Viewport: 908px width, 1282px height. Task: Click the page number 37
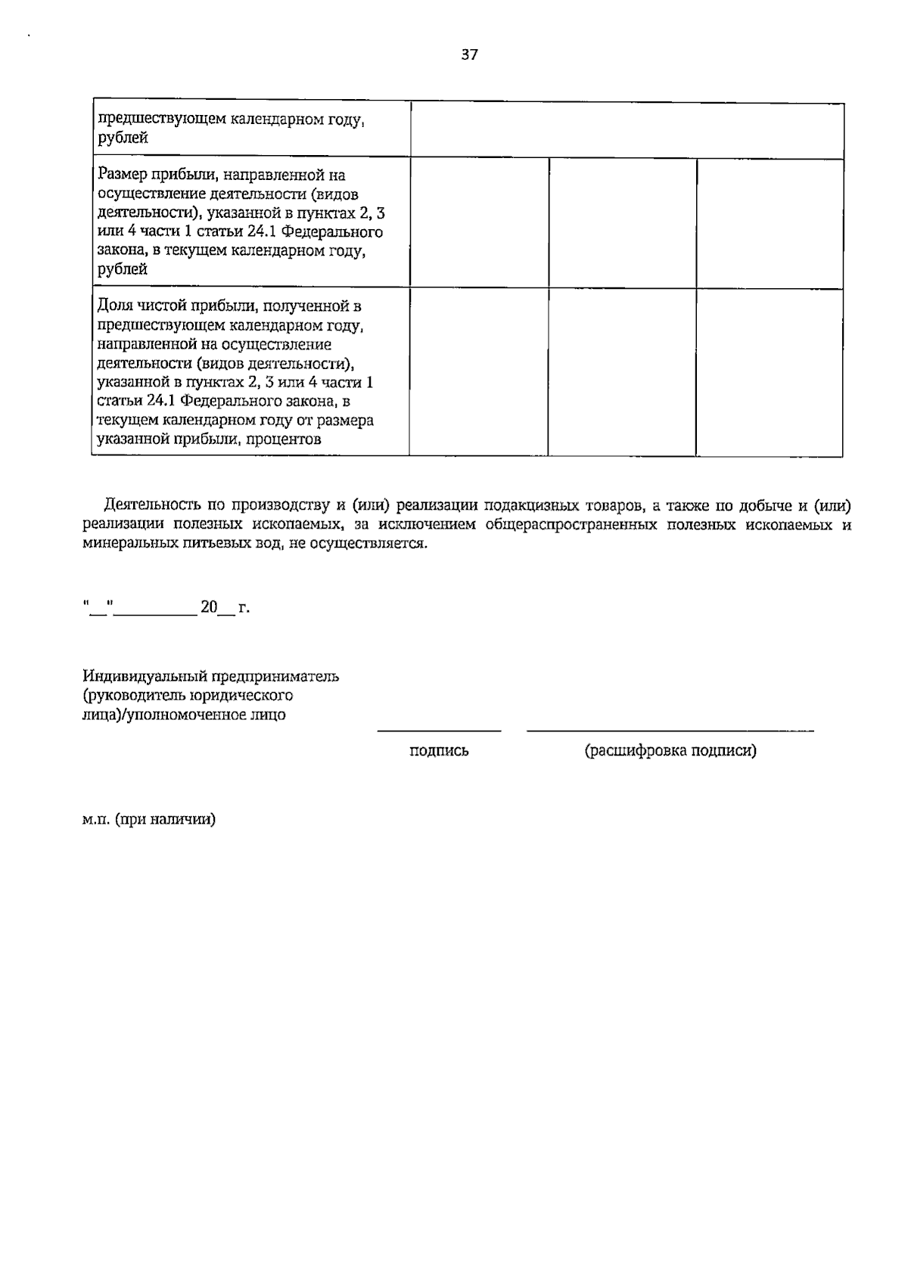[469, 54]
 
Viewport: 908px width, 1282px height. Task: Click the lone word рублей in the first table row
[123, 138]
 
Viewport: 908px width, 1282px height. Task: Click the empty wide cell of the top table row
[627, 131]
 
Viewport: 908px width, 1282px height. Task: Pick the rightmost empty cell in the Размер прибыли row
[769, 222]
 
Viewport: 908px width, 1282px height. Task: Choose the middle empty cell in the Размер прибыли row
[622, 222]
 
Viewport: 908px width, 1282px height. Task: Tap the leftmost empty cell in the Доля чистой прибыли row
[479, 372]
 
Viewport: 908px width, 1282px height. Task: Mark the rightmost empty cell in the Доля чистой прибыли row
[769, 372]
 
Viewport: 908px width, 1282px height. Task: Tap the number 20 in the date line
[209, 607]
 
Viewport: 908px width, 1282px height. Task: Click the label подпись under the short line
[439, 751]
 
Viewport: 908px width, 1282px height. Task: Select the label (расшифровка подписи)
[670, 751]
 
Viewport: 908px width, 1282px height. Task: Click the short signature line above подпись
[439, 731]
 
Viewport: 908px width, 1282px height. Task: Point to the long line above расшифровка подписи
[670, 731]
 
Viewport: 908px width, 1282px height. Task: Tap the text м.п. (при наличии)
[149, 819]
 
